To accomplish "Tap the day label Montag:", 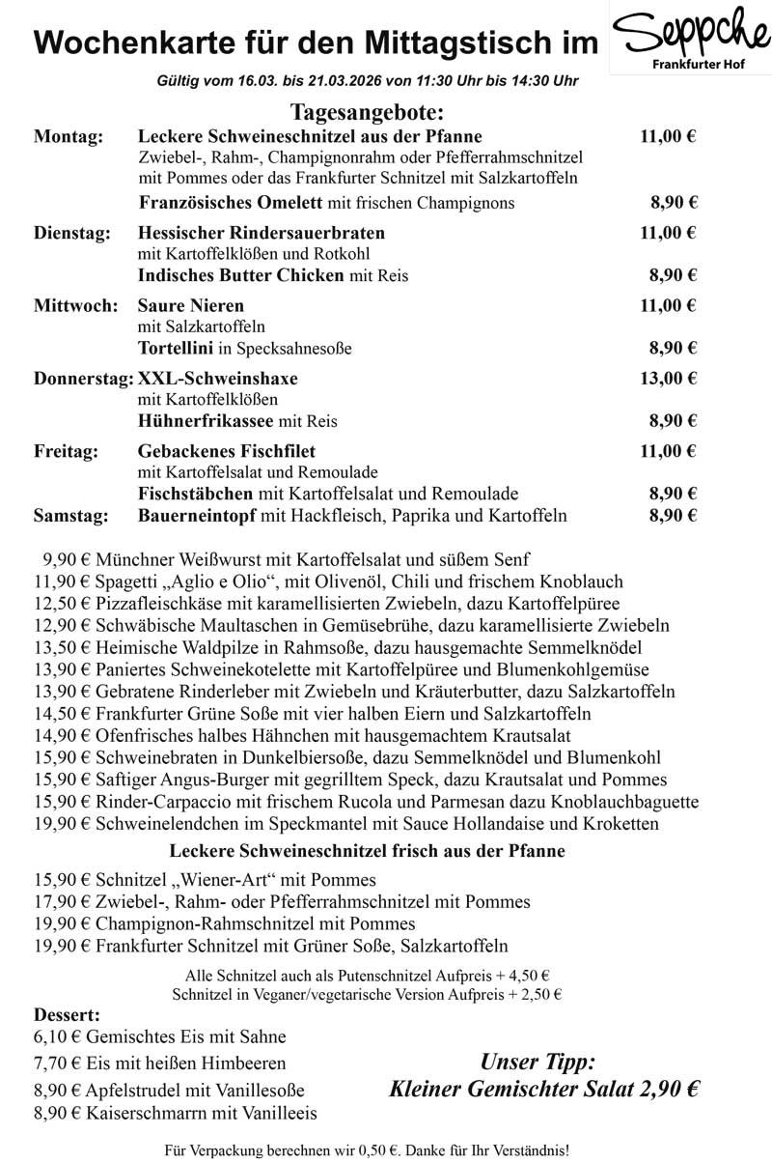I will pyautogui.click(x=69, y=137).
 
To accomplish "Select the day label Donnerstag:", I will pyautogui.click(x=83, y=378).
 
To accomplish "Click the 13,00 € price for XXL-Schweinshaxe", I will pyautogui.click(x=668, y=378).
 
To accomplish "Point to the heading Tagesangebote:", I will pyautogui.click(x=367, y=113).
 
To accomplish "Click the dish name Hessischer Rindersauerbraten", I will pyautogui.click(x=262, y=233).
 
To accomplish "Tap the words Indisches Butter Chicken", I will pyautogui.click(x=241, y=275).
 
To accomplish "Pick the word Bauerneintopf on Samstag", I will pyautogui.click(x=198, y=516).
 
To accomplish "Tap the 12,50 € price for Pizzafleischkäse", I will pyautogui.click(x=62, y=604).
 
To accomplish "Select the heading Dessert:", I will pyautogui.click(x=67, y=1015).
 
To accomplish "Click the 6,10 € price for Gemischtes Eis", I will pyautogui.click(x=57, y=1037).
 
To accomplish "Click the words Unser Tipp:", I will pyautogui.click(x=538, y=1064).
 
